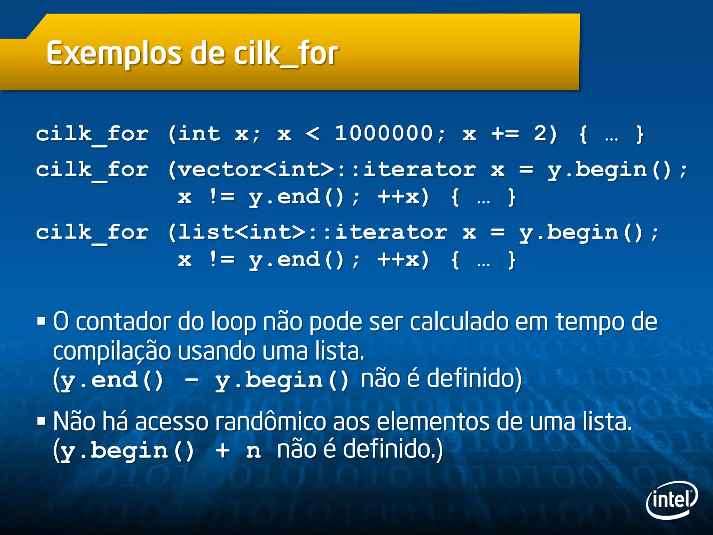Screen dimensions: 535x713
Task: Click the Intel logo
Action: click(672, 500)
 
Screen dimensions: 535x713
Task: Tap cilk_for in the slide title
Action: click(285, 54)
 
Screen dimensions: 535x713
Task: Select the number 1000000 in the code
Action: click(384, 133)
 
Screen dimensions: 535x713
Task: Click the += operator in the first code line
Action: click(505, 134)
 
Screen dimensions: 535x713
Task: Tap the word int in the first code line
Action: click(199, 134)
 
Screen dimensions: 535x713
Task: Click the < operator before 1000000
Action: click(312, 134)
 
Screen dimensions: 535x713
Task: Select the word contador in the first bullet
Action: click(124, 322)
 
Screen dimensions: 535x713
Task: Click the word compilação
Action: click(112, 352)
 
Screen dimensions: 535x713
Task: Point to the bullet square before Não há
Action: click(41, 421)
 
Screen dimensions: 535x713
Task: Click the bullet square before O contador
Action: click(41, 321)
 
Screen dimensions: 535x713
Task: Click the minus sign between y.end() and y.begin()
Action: click(191, 380)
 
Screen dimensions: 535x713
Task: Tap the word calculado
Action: click(460, 322)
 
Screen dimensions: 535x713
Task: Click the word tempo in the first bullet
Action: click(588, 322)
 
